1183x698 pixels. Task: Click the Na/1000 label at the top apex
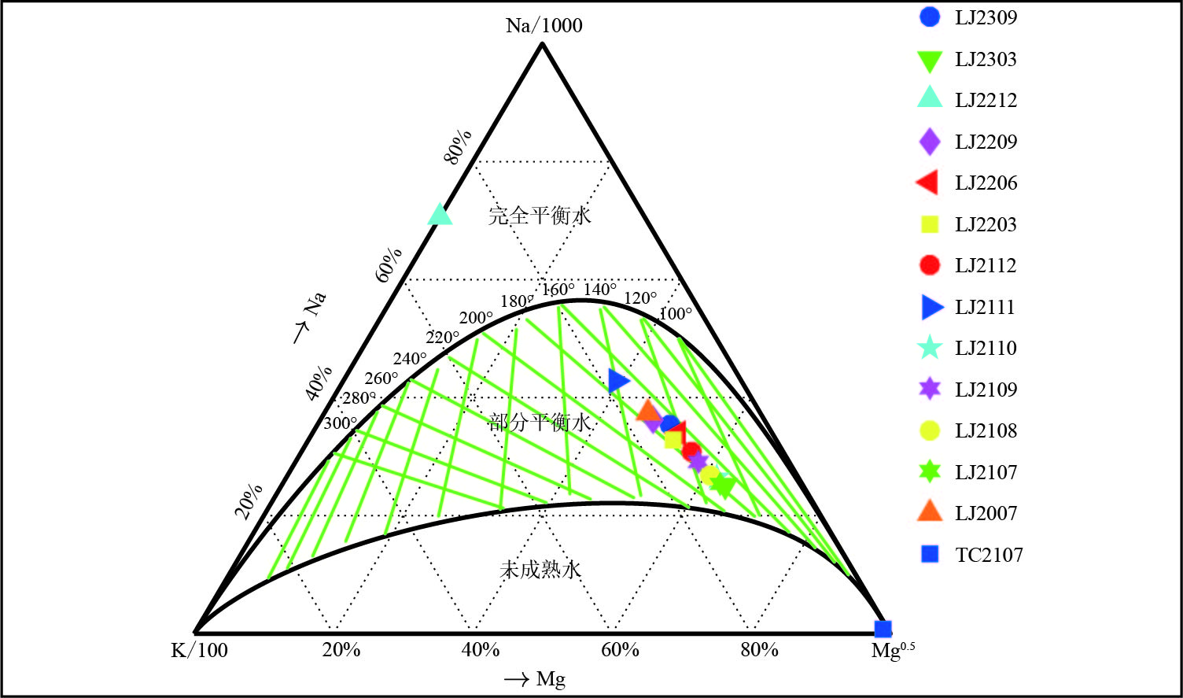coord(544,25)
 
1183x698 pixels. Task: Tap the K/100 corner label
coord(199,650)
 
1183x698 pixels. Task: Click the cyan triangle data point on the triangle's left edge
coord(440,214)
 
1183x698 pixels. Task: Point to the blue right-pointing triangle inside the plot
coord(618,381)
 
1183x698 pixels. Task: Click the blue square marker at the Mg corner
coord(883,629)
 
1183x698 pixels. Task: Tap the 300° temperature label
coord(340,423)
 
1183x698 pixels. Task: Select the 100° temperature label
coord(676,314)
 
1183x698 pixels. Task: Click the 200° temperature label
coord(476,318)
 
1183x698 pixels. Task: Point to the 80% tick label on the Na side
coord(458,146)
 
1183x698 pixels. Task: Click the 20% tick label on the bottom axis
coord(341,650)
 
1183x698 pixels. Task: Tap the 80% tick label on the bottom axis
coord(759,650)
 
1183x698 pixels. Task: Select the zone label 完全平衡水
coord(540,215)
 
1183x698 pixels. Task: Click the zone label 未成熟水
coord(540,569)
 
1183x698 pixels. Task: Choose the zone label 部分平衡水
coord(540,423)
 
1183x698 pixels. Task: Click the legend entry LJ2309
coord(986,17)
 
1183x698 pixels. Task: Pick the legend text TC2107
coord(989,555)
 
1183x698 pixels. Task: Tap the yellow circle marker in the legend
coord(930,430)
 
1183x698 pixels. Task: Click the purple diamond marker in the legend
coord(930,142)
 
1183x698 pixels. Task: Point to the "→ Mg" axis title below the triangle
coord(535,679)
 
